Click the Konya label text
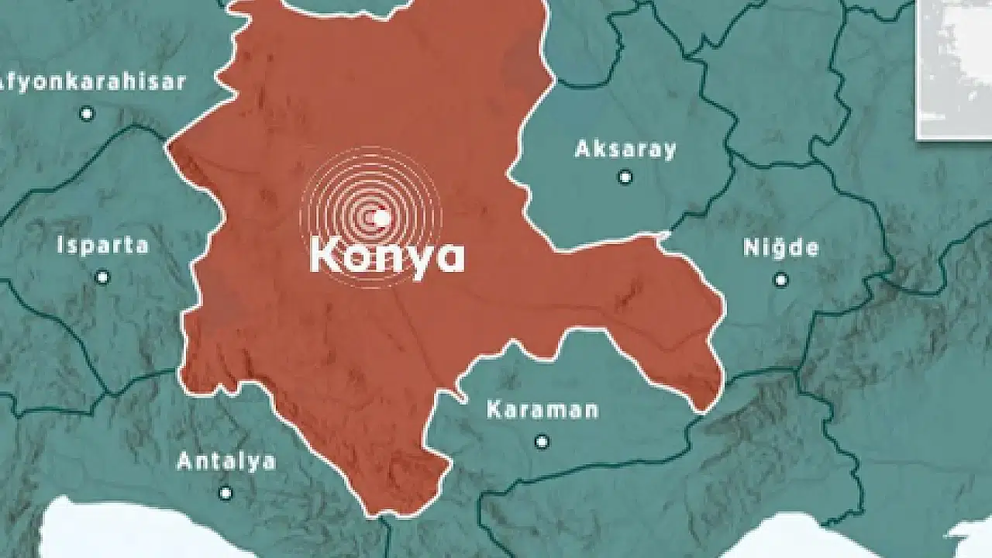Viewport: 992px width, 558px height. [387, 256]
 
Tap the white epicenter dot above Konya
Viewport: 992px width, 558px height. [381, 219]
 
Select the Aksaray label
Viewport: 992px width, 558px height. [625, 149]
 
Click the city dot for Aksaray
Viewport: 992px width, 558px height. [625, 177]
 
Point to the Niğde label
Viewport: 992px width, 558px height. [780, 248]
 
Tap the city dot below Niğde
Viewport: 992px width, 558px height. [781, 279]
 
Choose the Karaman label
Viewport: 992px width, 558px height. [542, 409]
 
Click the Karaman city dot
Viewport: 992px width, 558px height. [542, 442]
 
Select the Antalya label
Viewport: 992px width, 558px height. [226, 462]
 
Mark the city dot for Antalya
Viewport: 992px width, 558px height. [226, 493]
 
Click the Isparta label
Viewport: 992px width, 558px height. [102, 246]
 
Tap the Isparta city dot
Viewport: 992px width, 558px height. [102, 277]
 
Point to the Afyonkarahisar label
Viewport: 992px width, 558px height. [93, 81]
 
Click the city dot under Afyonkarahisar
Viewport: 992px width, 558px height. [87, 114]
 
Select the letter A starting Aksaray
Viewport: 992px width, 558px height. [582, 149]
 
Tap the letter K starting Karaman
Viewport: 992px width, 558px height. [494, 409]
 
